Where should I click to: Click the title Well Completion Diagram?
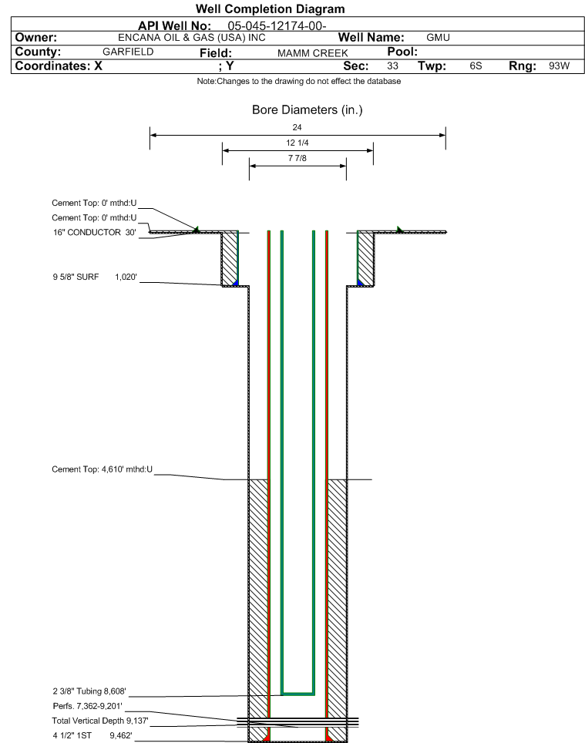(x=270, y=9)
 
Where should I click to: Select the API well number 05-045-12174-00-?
(x=277, y=25)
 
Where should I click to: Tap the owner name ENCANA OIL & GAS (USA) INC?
(x=192, y=38)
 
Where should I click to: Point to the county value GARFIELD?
(x=128, y=52)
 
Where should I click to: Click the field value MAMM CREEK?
(x=313, y=53)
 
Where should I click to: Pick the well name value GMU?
(x=438, y=38)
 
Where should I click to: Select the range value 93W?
(x=559, y=66)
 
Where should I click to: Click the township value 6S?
(x=476, y=66)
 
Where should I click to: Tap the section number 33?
(x=392, y=66)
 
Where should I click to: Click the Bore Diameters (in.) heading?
(x=307, y=110)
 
